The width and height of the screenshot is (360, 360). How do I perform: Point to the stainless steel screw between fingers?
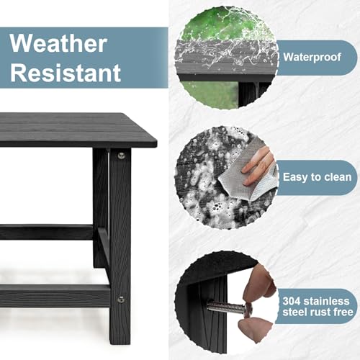(229, 307)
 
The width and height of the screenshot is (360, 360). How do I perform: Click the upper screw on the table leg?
(121, 155)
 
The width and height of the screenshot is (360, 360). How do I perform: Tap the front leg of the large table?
(120, 230)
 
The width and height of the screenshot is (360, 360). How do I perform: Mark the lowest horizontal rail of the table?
(54, 295)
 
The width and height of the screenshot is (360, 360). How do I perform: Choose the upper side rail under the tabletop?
(47, 232)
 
